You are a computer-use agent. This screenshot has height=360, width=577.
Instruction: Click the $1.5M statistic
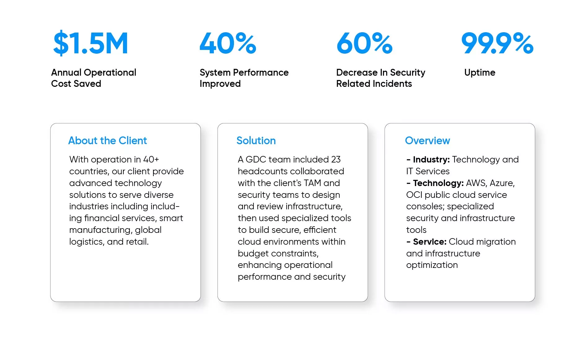[90, 43]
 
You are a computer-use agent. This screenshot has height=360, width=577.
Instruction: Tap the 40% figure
[228, 43]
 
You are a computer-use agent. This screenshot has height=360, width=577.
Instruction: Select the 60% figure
[365, 43]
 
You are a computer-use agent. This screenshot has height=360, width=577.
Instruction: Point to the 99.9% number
[497, 43]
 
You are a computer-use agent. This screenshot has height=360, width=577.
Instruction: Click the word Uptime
[480, 73]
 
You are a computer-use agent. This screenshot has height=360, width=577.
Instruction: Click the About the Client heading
[108, 140]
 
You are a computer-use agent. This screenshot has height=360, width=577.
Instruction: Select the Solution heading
[256, 140]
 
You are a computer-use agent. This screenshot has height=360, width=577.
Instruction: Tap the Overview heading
[427, 140]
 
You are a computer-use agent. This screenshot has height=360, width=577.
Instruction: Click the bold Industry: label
[431, 160]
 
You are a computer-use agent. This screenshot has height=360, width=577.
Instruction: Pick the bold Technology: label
[438, 183]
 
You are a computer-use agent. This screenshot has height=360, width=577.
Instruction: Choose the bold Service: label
[429, 242]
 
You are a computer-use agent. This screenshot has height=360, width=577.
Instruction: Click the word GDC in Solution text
[256, 159]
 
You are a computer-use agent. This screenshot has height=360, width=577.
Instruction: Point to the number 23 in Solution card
[336, 159]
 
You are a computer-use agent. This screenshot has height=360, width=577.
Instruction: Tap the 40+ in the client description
[151, 159]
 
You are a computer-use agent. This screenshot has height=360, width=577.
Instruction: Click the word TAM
[312, 183]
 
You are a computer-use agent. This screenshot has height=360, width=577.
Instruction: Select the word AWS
[476, 183]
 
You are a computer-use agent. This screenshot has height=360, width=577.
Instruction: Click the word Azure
[502, 183]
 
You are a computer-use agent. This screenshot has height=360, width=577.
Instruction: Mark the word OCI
[414, 195]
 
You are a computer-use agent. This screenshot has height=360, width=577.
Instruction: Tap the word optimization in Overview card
[432, 265]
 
